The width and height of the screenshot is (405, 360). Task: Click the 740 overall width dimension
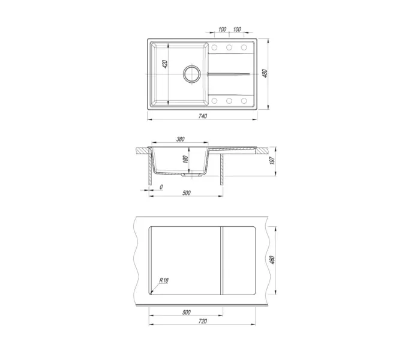click(x=203, y=116)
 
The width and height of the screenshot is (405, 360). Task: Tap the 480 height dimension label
click(x=265, y=73)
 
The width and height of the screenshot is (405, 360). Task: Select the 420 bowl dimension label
click(x=165, y=64)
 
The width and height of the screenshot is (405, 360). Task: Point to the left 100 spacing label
click(x=222, y=29)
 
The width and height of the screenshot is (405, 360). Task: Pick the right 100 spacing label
click(x=237, y=29)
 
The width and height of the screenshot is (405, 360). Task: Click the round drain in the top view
click(x=191, y=74)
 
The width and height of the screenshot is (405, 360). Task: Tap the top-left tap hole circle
click(x=214, y=47)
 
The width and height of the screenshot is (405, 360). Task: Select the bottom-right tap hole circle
click(x=244, y=101)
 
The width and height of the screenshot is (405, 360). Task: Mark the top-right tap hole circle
click(x=244, y=47)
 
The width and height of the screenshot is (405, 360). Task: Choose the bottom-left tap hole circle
click(x=214, y=101)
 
